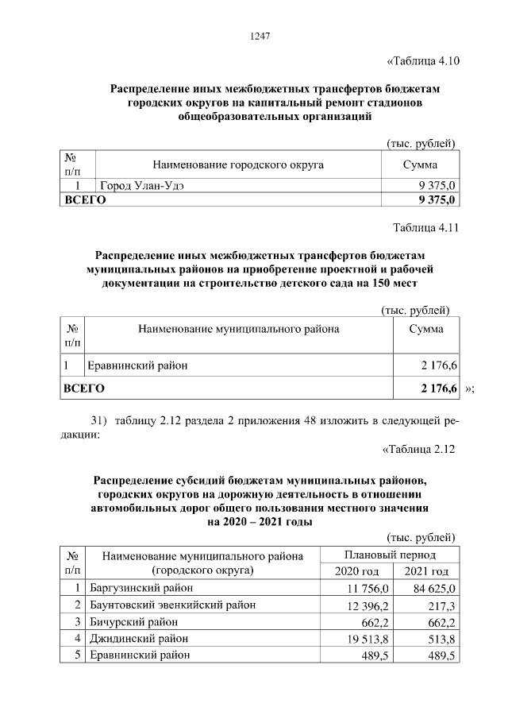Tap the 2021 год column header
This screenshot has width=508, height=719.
coord(426,571)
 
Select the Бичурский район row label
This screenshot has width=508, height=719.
coord(134,621)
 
